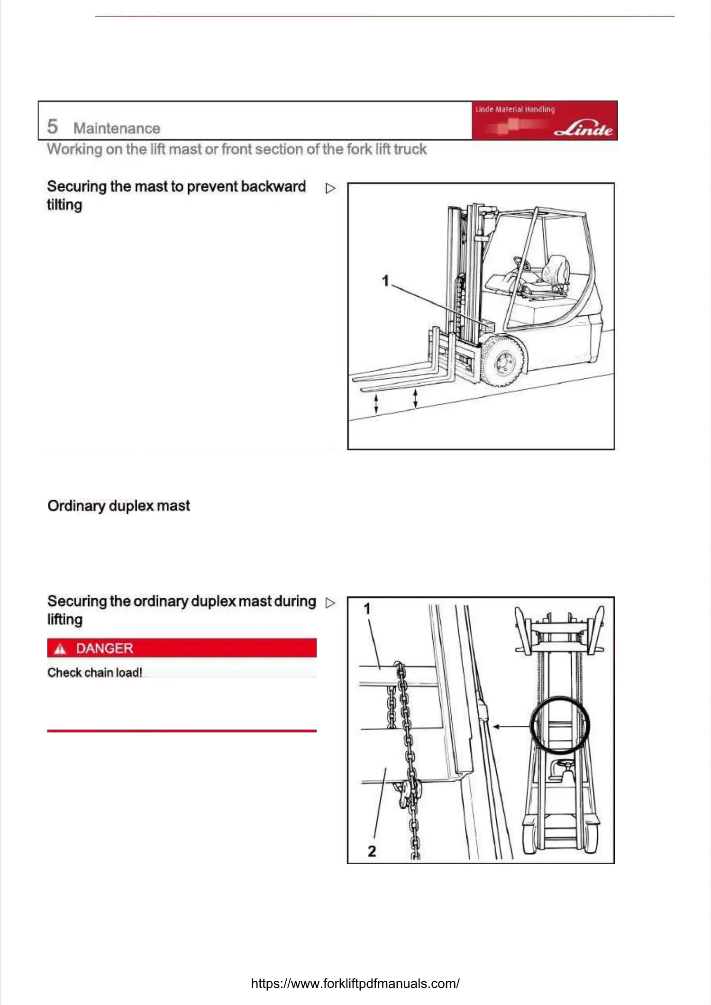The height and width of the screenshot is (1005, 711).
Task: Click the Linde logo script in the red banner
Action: (x=584, y=128)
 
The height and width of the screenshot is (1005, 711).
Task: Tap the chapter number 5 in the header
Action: (x=52, y=127)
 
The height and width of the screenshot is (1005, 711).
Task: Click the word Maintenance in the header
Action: (x=117, y=128)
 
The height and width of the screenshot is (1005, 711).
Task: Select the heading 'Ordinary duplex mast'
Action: (x=118, y=506)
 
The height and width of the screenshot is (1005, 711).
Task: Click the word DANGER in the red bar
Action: (x=104, y=648)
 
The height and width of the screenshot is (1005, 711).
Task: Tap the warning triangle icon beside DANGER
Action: (x=60, y=649)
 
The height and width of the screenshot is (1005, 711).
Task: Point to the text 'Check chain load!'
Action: (x=95, y=672)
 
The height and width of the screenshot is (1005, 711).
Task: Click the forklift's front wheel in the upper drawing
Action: (x=502, y=361)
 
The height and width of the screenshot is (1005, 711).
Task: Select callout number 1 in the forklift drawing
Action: (x=385, y=281)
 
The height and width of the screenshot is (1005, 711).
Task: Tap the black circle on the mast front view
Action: (x=559, y=725)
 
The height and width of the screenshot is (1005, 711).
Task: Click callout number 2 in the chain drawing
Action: (x=372, y=851)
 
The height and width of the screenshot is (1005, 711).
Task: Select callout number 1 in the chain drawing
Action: (x=367, y=609)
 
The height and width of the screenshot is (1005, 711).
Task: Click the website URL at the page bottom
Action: (x=355, y=984)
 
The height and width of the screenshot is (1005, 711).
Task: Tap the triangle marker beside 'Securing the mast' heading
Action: (x=330, y=188)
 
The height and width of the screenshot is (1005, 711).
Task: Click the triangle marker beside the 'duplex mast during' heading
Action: (x=330, y=603)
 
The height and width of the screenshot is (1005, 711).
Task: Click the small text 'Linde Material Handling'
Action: (x=515, y=109)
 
